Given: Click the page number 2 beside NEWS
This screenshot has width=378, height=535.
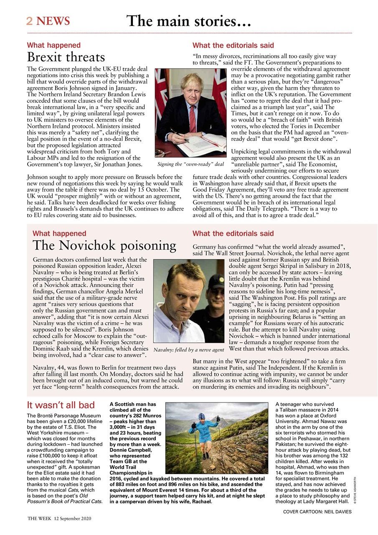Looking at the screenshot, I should [x=30, y=21].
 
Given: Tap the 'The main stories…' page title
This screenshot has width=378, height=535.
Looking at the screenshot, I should [x=189, y=20].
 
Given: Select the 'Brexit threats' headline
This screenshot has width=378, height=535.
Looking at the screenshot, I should [x=66, y=57].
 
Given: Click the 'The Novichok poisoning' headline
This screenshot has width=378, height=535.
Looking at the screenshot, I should [x=104, y=245].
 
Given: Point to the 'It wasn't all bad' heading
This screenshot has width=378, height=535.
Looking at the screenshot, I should [x=61, y=405].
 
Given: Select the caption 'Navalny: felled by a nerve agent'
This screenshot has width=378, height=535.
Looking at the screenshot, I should [x=189, y=349].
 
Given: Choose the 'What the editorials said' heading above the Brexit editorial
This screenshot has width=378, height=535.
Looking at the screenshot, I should [x=233, y=45].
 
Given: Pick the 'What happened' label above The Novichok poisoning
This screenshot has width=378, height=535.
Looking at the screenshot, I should [x=59, y=234].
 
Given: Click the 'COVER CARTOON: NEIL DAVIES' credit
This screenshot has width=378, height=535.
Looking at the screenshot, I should [x=317, y=512].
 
